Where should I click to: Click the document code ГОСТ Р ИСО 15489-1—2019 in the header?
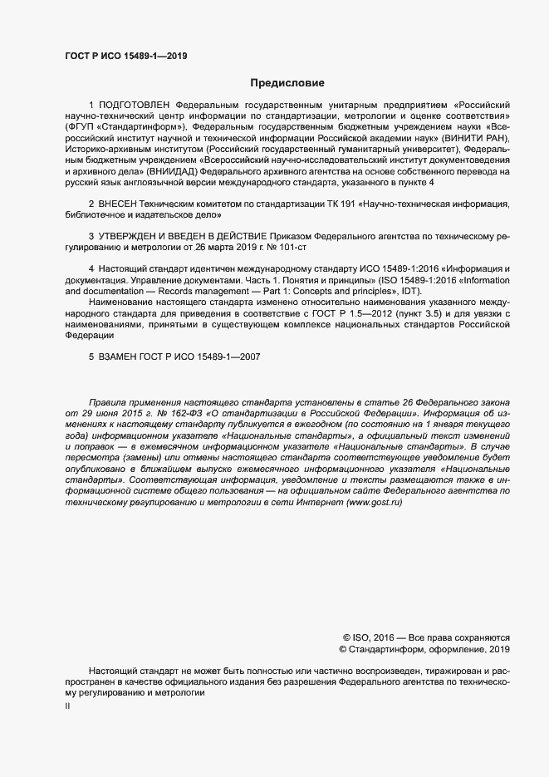pyautogui.click(x=125, y=56)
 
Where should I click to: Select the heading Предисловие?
pyautogui.click(x=287, y=83)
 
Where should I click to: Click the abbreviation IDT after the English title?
pyautogui.click(x=411, y=290)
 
